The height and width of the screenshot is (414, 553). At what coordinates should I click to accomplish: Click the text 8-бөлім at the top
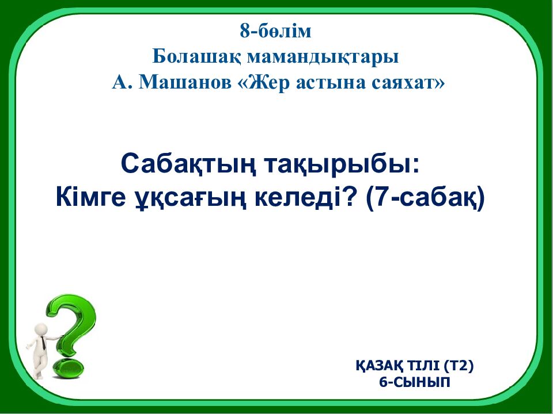(276, 31)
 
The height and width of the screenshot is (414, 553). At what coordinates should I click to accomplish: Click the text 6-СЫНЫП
(415, 382)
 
